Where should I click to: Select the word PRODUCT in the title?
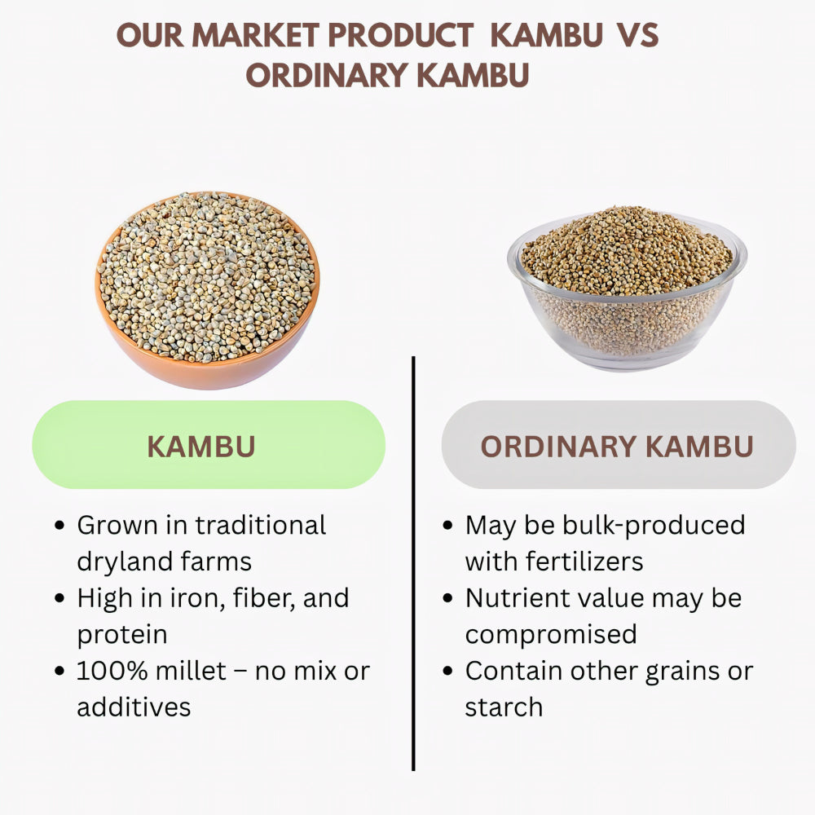click(407, 35)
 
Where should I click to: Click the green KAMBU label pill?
click(209, 445)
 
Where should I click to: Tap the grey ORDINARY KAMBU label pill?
click(618, 445)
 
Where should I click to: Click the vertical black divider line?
click(413, 562)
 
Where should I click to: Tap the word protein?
click(122, 634)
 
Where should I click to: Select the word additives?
click(134, 707)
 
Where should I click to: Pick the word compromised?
click(551, 634)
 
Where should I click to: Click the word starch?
click(503, 707)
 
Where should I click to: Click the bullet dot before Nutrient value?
click(447, 599)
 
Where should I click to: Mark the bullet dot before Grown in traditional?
click(59, 526)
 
